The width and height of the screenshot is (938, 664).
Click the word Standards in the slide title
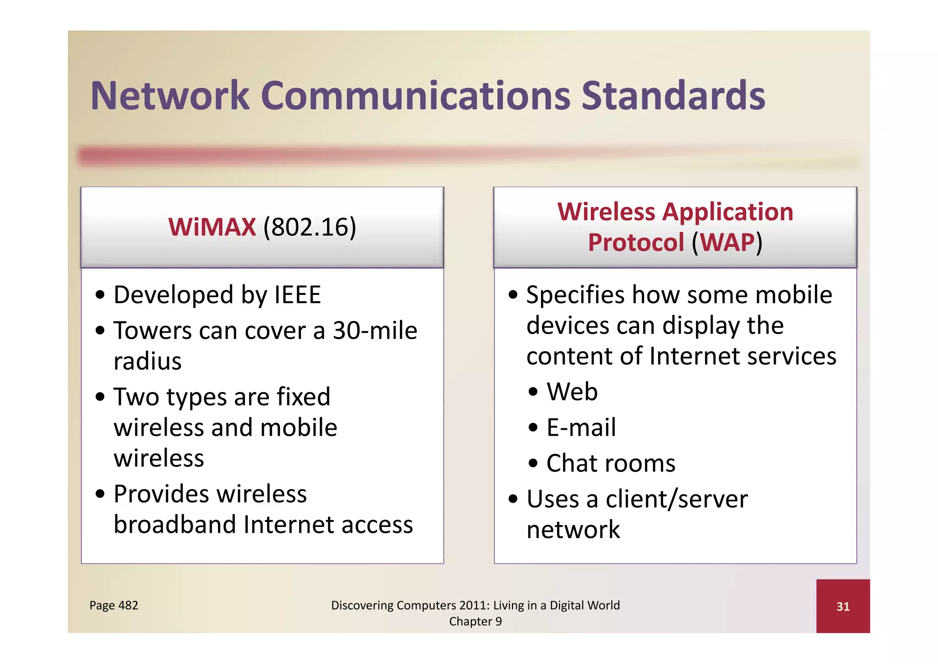pos(673,96)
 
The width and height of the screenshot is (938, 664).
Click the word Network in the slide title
pos(170,96)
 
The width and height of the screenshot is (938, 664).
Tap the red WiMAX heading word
pos(212,227)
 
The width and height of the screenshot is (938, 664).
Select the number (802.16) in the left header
pos(310,227)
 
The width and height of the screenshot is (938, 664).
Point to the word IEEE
pos(297,295)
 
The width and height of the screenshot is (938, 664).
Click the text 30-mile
pos(375,331)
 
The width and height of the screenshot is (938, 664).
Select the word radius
pos(147,361)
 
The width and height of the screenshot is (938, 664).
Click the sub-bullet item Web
pos(572,392)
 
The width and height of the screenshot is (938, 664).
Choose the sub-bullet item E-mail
pos(581,427)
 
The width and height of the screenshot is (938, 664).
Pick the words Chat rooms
pos(611,463)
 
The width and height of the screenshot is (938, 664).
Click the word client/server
pos(676,499)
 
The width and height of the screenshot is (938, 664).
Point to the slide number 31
pos(843,607)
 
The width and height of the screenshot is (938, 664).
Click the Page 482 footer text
pos(114,605)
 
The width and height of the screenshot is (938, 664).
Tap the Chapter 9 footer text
pos(475,621)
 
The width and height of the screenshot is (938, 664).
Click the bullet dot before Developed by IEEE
pos(100,295)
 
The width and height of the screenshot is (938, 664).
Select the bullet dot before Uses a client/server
pos(513,499)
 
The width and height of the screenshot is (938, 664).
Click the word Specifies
pos(575,295)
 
